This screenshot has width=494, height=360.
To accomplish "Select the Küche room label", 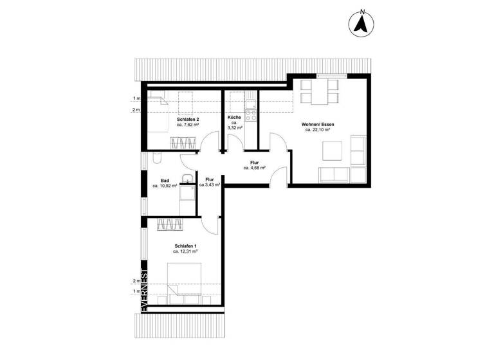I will tap(234, 118).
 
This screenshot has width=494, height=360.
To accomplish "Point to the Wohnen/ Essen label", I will tap(318, 123).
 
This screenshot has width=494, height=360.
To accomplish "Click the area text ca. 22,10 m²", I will tap(318, 130).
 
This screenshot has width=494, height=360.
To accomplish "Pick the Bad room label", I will tap(165, 180).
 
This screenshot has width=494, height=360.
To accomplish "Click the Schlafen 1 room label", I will tap(186, 246).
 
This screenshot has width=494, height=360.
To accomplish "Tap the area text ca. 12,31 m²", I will tap(186, 253).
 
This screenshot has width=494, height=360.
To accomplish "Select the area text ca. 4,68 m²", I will tap(255, 168).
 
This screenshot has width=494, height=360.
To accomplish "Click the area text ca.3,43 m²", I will tap(210, 185).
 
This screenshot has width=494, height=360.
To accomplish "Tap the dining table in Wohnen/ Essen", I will tap(320, 93).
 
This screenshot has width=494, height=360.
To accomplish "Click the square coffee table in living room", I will tap(332, 150).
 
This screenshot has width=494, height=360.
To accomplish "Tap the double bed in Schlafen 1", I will tap(186, 283).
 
